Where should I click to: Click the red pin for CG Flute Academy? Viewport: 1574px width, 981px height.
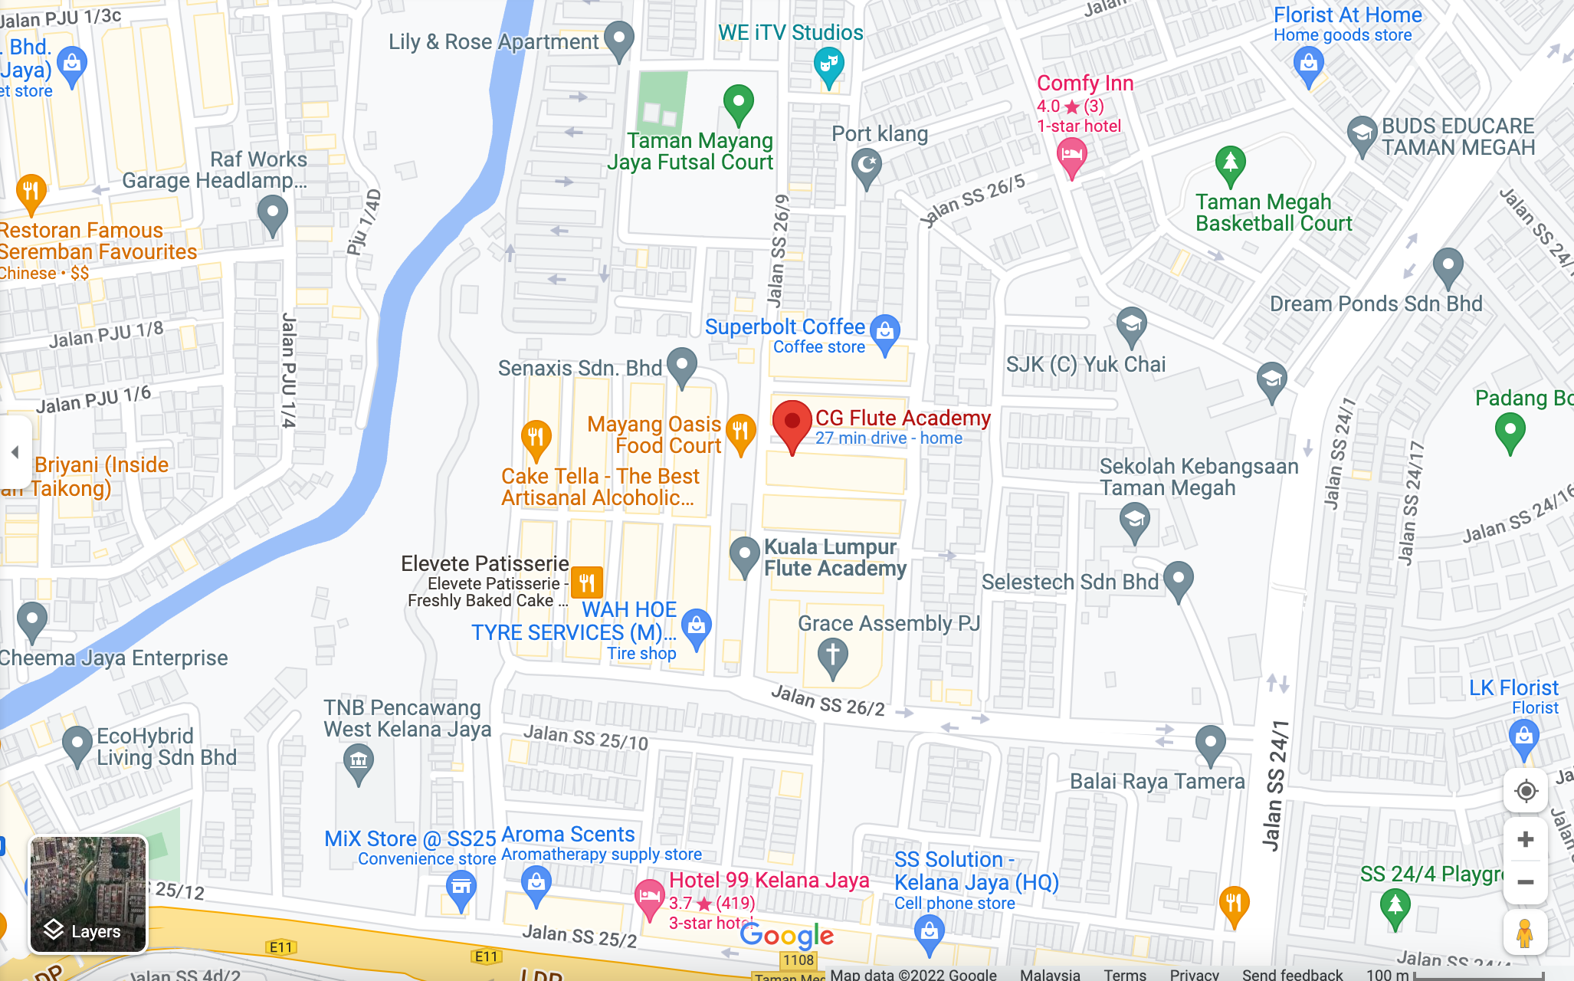point(792,424)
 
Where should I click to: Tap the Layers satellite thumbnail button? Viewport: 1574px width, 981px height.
point(87,894)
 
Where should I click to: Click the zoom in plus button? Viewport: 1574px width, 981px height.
point(1525,839)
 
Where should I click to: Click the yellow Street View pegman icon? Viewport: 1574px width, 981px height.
point(1524,933)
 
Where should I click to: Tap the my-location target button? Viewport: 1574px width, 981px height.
point(1525,791)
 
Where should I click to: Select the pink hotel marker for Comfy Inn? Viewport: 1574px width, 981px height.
point(1071,156)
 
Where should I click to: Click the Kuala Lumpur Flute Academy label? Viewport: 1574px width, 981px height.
point(835,558)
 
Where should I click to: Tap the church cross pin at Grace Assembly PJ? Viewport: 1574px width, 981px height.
point(832,658)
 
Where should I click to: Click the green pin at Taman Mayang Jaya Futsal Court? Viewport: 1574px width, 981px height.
point(738,103)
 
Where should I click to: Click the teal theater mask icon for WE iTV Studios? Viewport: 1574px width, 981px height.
point(828,65)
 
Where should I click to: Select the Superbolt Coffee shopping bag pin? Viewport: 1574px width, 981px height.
point(885,333)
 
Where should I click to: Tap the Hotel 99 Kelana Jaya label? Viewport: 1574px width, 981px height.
point(769,881)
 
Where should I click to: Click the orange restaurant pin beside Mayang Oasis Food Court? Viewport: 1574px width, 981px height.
point(740,432)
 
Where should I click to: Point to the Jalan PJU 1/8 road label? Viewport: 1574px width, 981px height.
point(107,334)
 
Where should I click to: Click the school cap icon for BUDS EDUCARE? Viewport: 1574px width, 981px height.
point(1362,135)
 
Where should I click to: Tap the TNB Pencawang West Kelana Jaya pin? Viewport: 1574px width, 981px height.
point(358,763)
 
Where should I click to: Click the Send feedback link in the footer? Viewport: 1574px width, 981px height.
point(1292,974)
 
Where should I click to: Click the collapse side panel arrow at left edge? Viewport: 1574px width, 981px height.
point(15,452)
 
